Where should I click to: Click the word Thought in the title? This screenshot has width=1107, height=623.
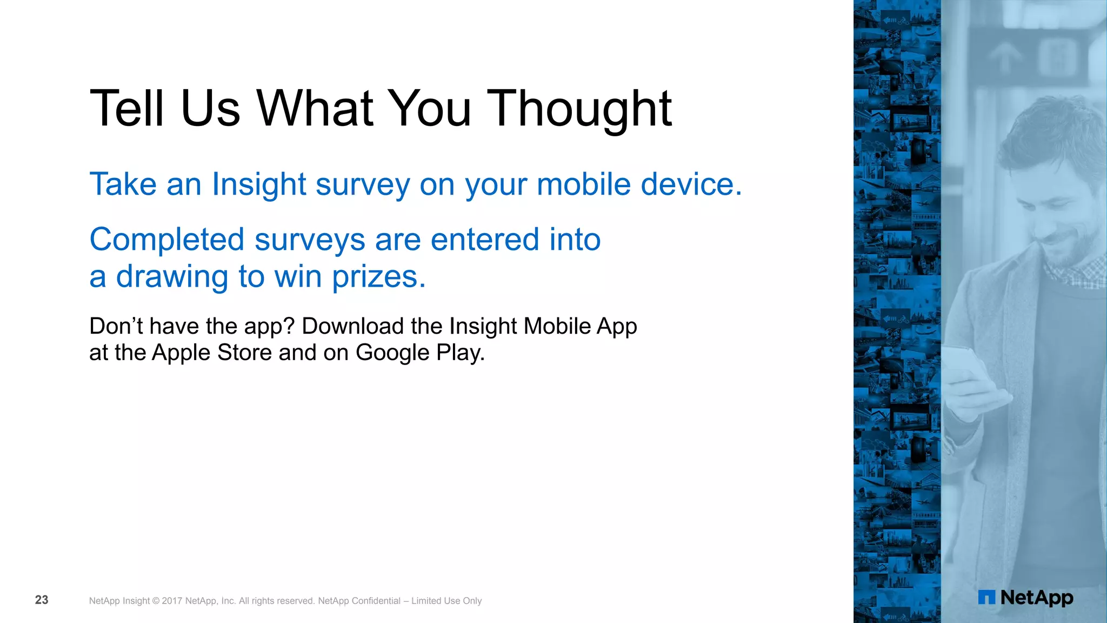(x=579, y=109)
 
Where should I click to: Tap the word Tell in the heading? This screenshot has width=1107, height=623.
(x=126, y=109)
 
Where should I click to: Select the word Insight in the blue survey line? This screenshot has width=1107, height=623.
(x=259, y=184)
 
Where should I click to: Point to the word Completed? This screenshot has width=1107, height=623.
(x=167, y=240)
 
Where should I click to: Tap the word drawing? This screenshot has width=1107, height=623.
(x=172, y=277)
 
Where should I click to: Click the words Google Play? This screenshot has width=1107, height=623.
(x=420, y=353)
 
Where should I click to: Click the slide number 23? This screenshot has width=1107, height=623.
(x=42, y=600)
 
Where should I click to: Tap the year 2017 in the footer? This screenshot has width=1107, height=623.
(x=172, y=601)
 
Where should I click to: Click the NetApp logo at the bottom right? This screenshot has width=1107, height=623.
(x=1026, y=598)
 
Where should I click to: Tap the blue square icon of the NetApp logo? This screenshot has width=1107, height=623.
(x=986, y=598)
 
